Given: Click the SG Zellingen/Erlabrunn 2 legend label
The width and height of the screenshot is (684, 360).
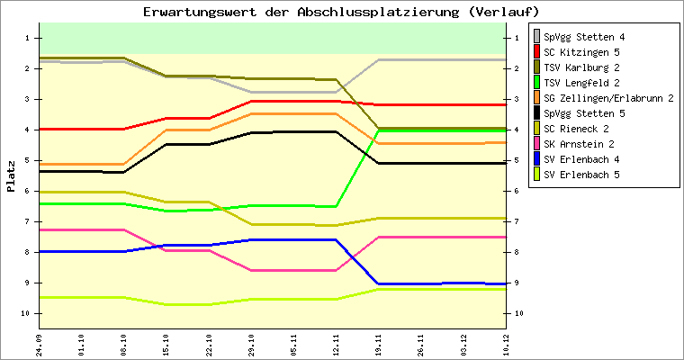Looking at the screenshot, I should [608, 98].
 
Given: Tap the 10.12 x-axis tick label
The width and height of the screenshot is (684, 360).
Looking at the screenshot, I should [506, 343].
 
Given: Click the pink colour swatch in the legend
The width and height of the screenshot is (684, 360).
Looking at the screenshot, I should [537, 144].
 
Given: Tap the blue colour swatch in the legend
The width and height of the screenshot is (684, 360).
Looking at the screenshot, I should [537, 159].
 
